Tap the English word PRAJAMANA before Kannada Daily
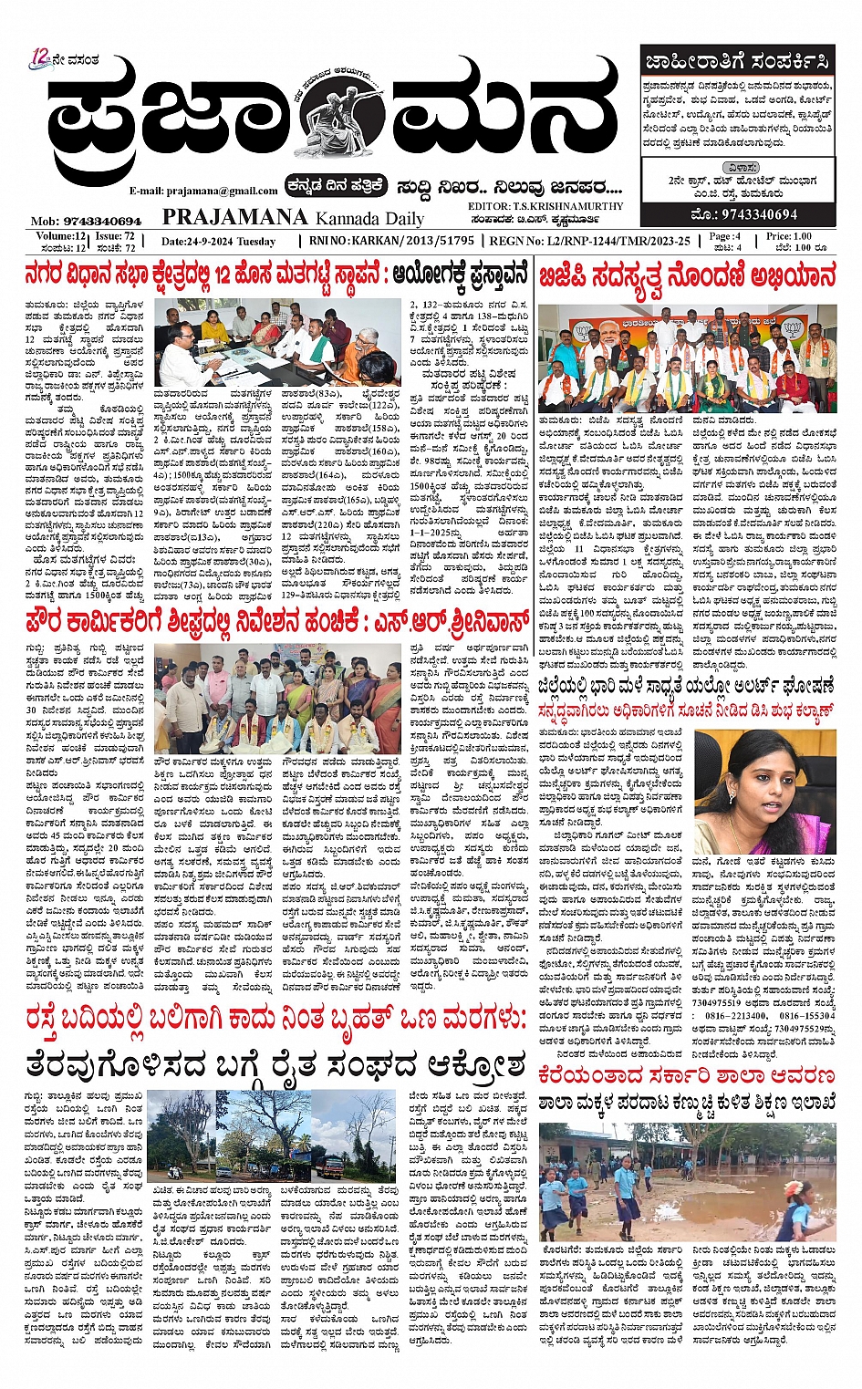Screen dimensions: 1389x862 (234, 217)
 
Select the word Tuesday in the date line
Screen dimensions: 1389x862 (256, 242)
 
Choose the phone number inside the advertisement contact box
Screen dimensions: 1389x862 (745, 215)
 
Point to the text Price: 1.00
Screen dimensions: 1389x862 (790, 236)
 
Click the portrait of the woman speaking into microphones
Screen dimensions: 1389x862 (764, 790)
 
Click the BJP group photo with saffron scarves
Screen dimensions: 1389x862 (686, 358)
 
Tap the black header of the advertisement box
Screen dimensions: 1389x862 (737, 62)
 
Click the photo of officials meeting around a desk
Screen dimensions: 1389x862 (278, 344)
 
